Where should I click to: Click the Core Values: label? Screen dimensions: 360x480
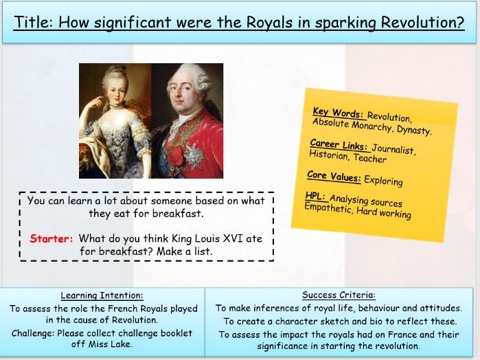pos(334,177)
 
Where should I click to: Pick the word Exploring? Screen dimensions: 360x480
pos(383,181)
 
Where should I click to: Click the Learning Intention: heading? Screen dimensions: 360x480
pos(103,295)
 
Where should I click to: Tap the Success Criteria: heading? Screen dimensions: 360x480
pos(339,295)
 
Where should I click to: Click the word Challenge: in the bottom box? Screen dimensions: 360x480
pos(35,333)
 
